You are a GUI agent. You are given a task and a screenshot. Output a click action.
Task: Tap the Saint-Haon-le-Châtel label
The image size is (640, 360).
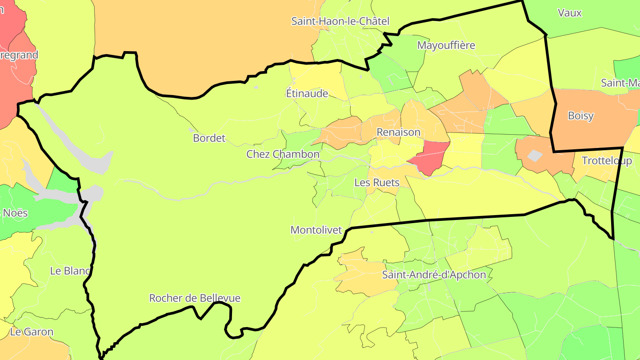click(340, 21)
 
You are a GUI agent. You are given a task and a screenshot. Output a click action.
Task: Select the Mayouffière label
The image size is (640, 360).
click(446, 45)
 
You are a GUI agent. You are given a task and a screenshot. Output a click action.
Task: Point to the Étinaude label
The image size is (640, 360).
click(307, 93)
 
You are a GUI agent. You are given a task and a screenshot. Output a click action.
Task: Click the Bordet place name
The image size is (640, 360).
click(209, 138)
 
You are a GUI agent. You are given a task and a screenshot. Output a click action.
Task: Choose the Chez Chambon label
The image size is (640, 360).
click(283, 154)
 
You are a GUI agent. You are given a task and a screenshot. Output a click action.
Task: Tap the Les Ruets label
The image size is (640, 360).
click(377, 182)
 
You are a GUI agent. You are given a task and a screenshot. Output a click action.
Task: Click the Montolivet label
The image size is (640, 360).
click(316, 230)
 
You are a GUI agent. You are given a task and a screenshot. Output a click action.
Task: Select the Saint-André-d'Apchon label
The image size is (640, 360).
click(434, 275)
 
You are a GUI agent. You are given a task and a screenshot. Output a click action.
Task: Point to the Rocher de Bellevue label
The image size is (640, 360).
click(195, 298)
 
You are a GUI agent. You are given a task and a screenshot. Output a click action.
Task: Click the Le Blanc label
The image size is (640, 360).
click(70, 271)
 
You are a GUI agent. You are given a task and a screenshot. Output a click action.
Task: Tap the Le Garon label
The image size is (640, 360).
click(32, 332)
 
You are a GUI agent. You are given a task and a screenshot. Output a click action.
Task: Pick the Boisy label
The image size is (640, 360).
click(580, 116)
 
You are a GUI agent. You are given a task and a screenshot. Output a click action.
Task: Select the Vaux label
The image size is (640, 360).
click(569, 13)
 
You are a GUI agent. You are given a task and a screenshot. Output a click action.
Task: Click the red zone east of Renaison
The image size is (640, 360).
click(430, 157)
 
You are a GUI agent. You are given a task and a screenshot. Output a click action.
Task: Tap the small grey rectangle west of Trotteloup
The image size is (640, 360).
click(535, 156)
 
